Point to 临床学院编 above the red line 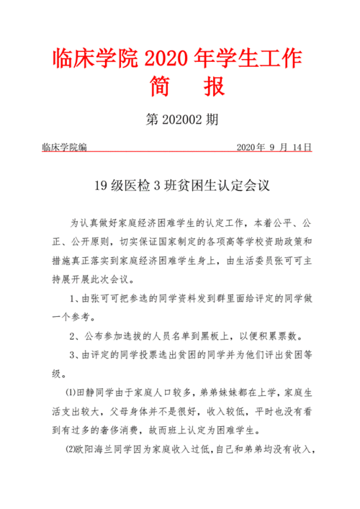[x=64, y=148]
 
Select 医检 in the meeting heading [x=143, y=186]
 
